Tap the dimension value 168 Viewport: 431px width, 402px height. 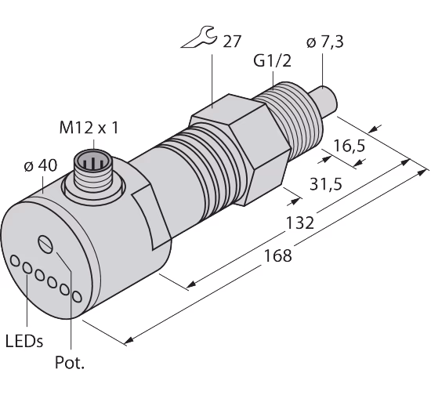coord(277,255)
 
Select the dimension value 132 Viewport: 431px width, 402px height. coord(299,223)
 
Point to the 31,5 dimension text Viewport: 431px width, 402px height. coord(326,184)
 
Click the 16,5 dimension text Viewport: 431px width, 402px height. coord(349,146)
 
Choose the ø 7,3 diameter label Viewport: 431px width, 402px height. coord(324,42)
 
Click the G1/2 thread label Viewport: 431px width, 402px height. coord(272,61)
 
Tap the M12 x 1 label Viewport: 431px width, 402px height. coord(89,128)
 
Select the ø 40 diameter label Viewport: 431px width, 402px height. coord(41,165)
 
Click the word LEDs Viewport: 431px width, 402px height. coord(24,342)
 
